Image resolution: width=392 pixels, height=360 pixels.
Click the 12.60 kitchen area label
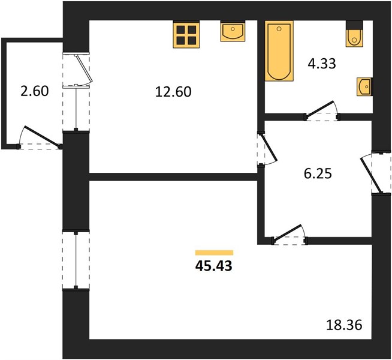pyautogui.click(x=173, y=92)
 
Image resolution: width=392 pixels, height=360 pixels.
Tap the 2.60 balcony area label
pyautogui.click(x=35, y=91)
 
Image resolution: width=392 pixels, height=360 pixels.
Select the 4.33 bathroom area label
pyautogui.click(x=322, y=64)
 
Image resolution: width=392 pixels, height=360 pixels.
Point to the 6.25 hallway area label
pyautogui.click(x=318, y=173)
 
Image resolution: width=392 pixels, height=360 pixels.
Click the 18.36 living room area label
pyautogui.click(x=344, y=325)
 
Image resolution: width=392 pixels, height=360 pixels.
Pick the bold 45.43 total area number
pyautogui.click(x=214, y=266)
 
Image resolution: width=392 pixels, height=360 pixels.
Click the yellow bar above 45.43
pyautogui.click(x=214, y=253)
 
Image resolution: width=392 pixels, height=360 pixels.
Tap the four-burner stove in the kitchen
pyautogui.click(x=186, y=34)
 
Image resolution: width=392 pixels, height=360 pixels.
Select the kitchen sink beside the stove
pyautogui.click(x=233, y=31)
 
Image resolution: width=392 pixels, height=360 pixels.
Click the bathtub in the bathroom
pyautogui.click(x=279, y=51)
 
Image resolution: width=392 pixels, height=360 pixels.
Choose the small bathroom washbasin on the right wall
pyautogui.click(x=364, y=86)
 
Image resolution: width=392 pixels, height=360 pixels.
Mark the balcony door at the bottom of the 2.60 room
pyautogui.click(x=40, y=137)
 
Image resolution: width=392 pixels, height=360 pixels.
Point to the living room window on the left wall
pyautogui.click(x=76, y=260)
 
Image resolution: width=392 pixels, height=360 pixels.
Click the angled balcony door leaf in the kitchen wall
pyautogui.click(x=85, y=69)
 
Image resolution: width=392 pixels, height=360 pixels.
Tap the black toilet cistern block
pyautogui.click(x=354, y=25)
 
